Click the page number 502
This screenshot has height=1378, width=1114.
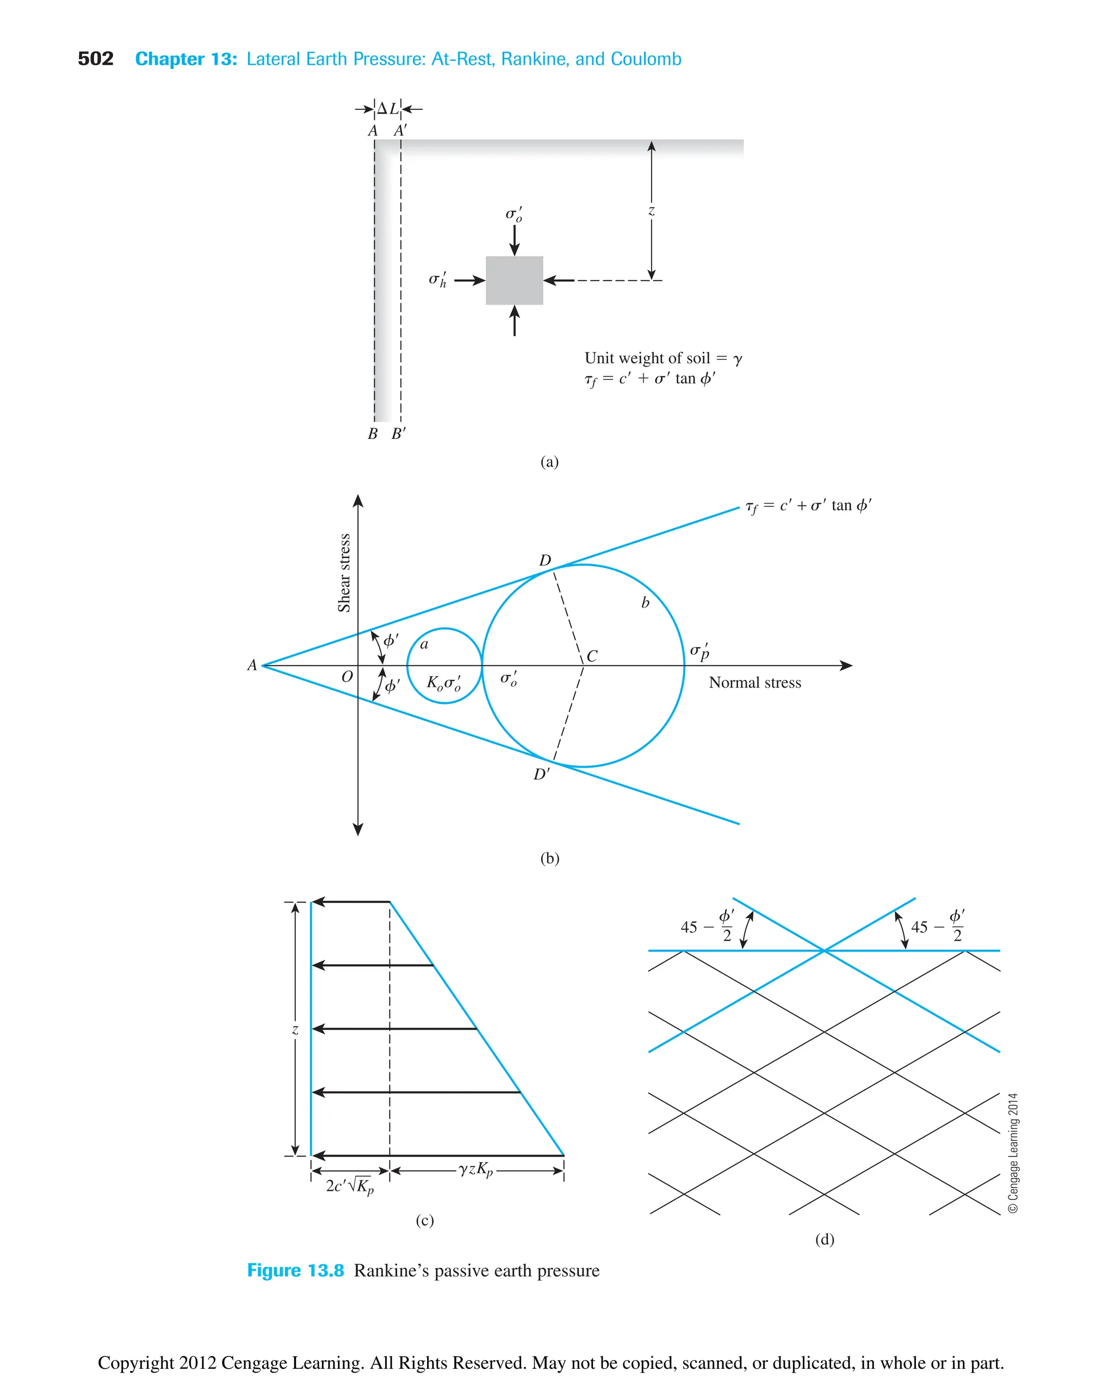(x=95, y=59)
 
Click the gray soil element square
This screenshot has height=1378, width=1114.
(x=514, y=281)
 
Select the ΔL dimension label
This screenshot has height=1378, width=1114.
(x=388, y=108)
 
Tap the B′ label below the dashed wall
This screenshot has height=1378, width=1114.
(x=399, y=434)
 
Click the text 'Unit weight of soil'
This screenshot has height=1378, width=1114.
(x=647, y=358)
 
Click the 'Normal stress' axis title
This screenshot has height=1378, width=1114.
(x=754, y=683)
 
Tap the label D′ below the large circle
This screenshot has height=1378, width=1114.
(x=541, y=775)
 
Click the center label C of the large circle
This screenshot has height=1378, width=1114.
(x=592, y=656)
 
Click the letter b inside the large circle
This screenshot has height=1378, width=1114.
(x=645, y=603)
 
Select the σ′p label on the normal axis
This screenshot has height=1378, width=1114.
(x=700, y=651)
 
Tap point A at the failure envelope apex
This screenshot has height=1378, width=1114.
(x=252, y=665)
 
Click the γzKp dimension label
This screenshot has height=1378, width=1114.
(x=475, y=1170)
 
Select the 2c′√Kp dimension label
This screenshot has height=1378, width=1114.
(x=349, y=1186)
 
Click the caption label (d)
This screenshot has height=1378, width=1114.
(x=825, y=1239)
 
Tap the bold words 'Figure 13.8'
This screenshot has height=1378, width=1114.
(x=295, y=1271)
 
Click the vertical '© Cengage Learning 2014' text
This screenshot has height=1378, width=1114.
(x=1013, y=1153)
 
